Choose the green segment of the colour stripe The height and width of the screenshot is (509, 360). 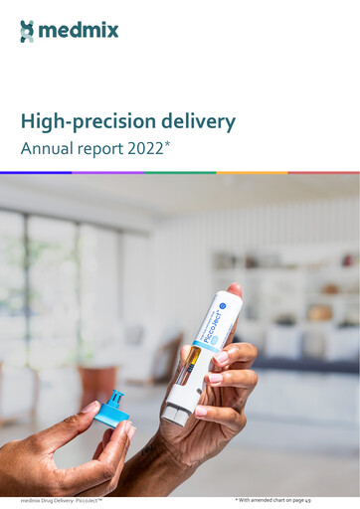pyautogui.click(x=180, y=172)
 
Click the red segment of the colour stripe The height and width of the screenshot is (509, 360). pyautogui.click(x=324, y=172)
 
